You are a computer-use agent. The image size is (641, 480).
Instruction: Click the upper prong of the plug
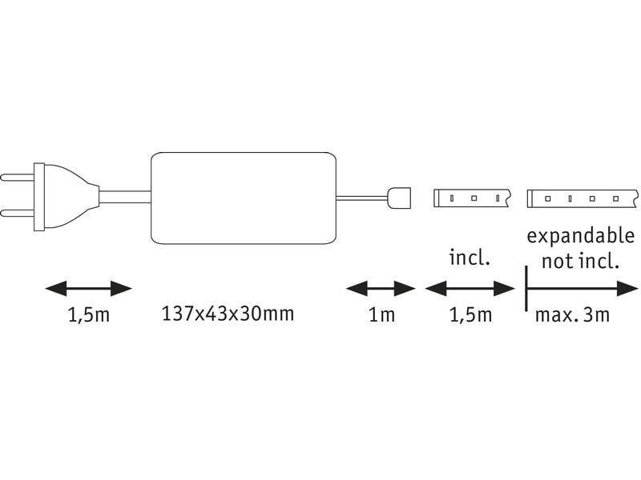(17, 178)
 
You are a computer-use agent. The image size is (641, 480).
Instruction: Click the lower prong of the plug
(17, 213)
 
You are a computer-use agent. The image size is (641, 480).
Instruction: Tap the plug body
(67, 197)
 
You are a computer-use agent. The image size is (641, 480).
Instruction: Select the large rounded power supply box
(244, 198)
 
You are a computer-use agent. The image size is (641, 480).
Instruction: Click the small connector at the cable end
(398, 198)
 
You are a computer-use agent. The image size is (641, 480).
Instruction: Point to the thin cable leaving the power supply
(362, 198)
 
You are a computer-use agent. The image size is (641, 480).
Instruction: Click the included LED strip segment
(472, 198)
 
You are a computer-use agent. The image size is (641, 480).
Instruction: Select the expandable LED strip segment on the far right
(583, 198)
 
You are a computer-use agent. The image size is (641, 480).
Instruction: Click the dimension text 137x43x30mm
(228, 314)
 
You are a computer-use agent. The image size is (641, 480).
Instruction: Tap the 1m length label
(382, 314)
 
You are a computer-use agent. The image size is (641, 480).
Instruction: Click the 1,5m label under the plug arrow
(89, 315)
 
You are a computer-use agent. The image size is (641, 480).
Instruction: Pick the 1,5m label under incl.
(470, 315)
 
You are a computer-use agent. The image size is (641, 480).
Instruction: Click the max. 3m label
(572, 314)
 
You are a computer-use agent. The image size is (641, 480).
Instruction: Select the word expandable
(580, 237)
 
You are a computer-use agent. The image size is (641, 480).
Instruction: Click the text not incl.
(580, 261)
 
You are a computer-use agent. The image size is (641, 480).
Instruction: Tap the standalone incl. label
(470, 258)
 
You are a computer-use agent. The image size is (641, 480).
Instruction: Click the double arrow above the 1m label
(381, 289)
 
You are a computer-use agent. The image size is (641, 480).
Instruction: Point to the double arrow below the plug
(89, 289)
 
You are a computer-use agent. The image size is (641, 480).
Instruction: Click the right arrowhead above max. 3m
(627, 289)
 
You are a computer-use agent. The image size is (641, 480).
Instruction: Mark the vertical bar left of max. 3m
(526, 289)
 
